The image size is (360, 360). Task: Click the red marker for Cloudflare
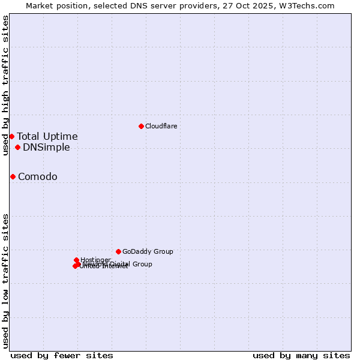(141, 126)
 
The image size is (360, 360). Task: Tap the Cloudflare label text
(161, 126)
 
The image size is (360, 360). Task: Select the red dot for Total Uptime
(11, 136)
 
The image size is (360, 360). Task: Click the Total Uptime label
(47, 136)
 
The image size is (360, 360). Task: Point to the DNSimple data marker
(17, 147)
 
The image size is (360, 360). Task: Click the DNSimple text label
(46, 147)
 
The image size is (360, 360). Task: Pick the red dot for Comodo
(13, 176)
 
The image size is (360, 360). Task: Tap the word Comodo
(38, 176)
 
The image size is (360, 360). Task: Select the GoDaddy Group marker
(118, 251)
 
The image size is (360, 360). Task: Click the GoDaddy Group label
(148, 251)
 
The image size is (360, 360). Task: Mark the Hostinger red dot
(76, 260)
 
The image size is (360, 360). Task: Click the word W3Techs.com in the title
(311, 6)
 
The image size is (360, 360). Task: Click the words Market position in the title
(55, 6)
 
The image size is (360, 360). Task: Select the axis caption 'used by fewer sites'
(62, 355)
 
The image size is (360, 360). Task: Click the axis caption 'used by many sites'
(301, 355)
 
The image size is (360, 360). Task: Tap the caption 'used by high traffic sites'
(6, 85)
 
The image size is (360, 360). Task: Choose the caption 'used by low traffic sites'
(6, 280)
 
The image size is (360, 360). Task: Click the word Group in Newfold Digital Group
(142, 264)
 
